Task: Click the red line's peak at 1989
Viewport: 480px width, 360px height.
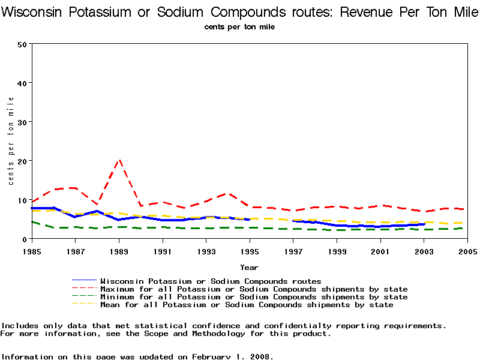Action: (x=119, y=160)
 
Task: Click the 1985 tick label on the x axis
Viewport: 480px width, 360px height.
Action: (x=32, y=250)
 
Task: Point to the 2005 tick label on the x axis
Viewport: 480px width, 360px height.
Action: (x=468, y=250)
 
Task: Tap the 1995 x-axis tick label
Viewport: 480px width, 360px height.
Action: (x=250, y=250)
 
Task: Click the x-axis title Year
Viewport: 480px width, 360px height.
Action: (x=250, y=267)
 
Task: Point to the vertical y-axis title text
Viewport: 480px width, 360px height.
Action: (x=11, y=141)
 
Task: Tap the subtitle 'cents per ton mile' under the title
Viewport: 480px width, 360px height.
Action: (x=239, y=27)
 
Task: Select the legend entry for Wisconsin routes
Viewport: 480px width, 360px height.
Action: (x=211, y=281)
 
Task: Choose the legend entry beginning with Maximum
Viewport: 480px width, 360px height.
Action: (x=254, y=289)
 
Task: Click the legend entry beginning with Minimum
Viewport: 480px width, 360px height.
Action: (x=254, y=297)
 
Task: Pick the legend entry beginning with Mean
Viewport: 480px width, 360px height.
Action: (x=247, y=305)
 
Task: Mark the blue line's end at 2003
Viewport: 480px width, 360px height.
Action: (x=424, y=224)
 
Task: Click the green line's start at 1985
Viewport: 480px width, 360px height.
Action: (x=32, y=222)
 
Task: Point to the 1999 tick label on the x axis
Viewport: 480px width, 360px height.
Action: (x=337, y=250)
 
